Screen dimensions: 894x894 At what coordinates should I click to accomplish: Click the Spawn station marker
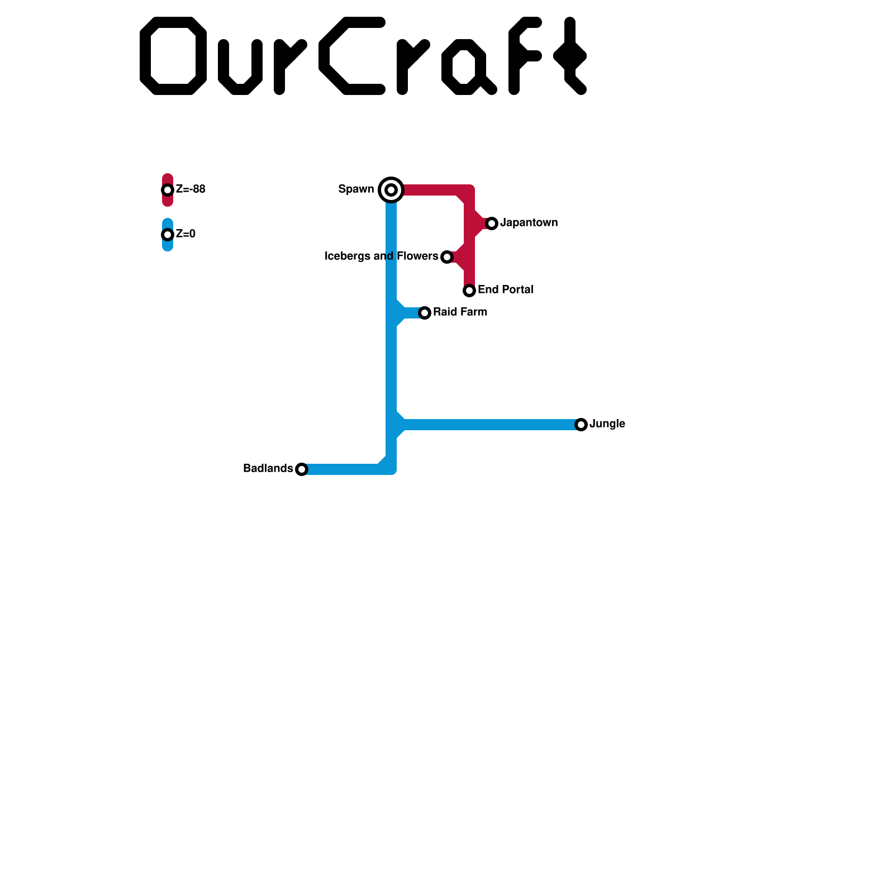pyautogui.click(x=391, y=190)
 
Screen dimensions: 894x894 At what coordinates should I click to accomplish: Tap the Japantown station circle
pyautogui.click(x=492, y=223)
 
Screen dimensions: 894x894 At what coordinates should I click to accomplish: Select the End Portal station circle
pyautogui.click(x=469, y=291)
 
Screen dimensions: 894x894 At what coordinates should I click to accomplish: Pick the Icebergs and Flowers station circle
pyautogui.click(x=446, y=257)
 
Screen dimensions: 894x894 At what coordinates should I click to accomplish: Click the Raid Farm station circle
pyautogui.click(x=425, y=313)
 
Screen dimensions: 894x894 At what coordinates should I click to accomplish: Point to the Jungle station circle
pyautogui.click(x=581, y=425)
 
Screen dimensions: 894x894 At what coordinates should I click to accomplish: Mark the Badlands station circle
pyautogui.click(x=302, y=469)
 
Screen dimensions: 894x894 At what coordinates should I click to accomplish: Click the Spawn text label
pyautogui.click(x=356, y=189)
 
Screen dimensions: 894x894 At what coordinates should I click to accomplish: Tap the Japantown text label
pyautogui.click(x=529, y=223)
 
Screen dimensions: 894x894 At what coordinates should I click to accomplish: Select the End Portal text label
pyautogui.click(x=505, y=290)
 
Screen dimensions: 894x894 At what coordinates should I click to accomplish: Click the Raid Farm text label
pyautogui.click(x=460, y=312)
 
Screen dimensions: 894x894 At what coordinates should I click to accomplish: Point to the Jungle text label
pyautogui.click(x=607, y=424)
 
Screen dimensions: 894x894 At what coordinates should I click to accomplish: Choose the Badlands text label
pyautogui.click(x=268, y=469)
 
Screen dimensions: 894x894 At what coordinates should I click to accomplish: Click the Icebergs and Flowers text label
pyautogui.click(x=382, y=256)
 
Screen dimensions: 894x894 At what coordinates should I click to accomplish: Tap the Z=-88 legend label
pyautogui.click(x=191, y=189)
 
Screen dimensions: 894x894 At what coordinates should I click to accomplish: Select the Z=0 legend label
pyautogui.click(x=186, y=234)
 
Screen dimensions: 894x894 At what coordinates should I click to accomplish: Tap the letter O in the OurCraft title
pyautogui.click(x=173, y=56)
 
